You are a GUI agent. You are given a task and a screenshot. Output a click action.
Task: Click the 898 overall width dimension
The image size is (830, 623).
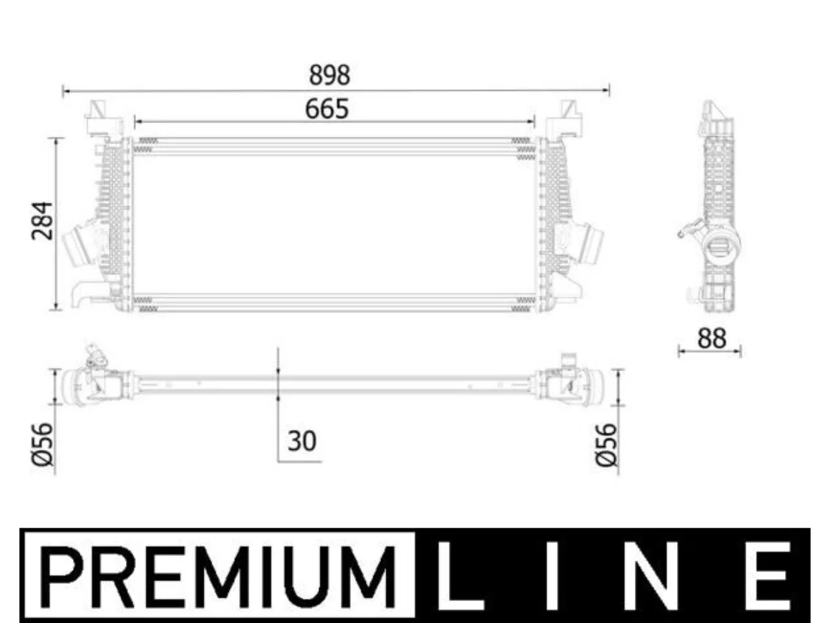[329, 75]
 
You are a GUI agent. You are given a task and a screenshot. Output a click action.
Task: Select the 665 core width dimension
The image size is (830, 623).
[327, 109]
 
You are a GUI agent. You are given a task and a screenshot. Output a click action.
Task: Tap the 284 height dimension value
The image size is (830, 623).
[42, 221]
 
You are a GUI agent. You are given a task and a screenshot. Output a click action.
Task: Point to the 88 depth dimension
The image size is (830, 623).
[711, 339]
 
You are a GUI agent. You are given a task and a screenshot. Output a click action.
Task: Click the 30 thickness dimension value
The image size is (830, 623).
[302, 441]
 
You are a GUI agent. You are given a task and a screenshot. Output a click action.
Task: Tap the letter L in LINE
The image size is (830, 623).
[460, 576]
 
